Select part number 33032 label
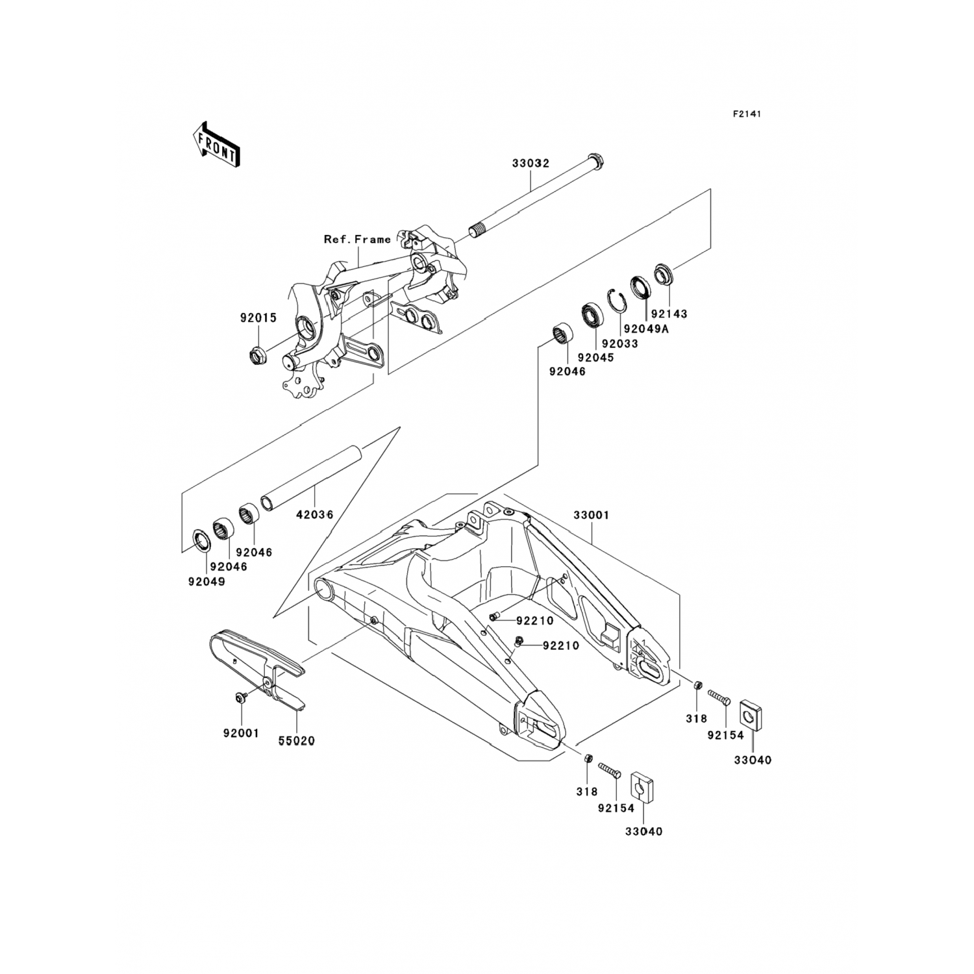[531, 163]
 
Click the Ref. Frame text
[358, 240]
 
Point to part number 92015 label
[258, 318]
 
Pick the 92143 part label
[669, 314]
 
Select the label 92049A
[646, 329]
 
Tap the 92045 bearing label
[595, 357]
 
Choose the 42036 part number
[315, 515]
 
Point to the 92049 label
[207, 582]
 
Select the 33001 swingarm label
[591, 515]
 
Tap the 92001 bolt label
[241, 733]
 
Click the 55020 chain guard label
[296, 741]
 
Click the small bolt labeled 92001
[239, 698]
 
